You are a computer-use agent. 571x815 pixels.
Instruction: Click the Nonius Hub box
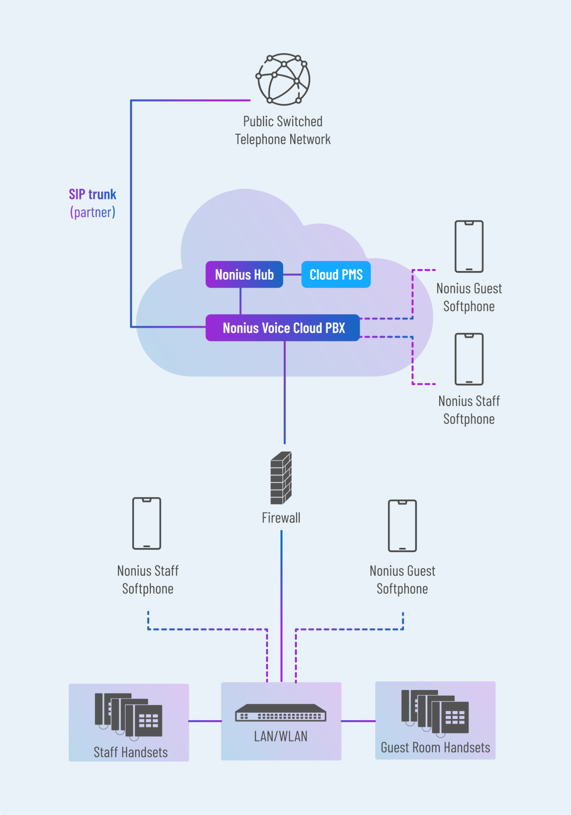point(244,275)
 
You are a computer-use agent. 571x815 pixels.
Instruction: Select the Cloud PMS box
point(336,275)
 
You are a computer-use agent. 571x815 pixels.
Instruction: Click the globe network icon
point(283,79)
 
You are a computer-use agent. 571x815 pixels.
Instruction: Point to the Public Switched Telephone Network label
point(283,131)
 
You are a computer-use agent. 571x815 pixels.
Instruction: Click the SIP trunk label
point(92,194)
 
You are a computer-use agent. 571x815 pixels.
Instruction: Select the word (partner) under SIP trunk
point(92,212)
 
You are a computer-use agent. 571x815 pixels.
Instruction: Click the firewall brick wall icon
point(281,478)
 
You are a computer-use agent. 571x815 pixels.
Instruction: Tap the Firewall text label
point(281,518)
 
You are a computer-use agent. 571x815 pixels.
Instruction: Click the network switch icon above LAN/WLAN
point(281,713)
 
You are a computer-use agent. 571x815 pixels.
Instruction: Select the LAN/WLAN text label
point(281,737)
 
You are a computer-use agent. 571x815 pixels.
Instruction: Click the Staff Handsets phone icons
point(128,716)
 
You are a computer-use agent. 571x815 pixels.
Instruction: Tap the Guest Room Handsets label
point(435,747)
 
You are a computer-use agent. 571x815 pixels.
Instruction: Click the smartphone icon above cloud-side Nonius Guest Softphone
point(469,246)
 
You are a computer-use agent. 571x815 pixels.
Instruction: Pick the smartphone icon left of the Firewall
point(147,523)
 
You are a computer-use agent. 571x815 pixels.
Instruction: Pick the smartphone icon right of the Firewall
point(402,526)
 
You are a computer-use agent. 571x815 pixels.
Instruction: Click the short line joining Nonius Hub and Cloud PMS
point(292,275)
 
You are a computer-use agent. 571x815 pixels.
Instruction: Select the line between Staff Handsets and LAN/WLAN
point(205,721)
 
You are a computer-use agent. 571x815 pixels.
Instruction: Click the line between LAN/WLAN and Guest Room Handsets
point(358,721)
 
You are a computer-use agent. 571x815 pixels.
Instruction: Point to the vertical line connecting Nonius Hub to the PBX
point(241,301)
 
